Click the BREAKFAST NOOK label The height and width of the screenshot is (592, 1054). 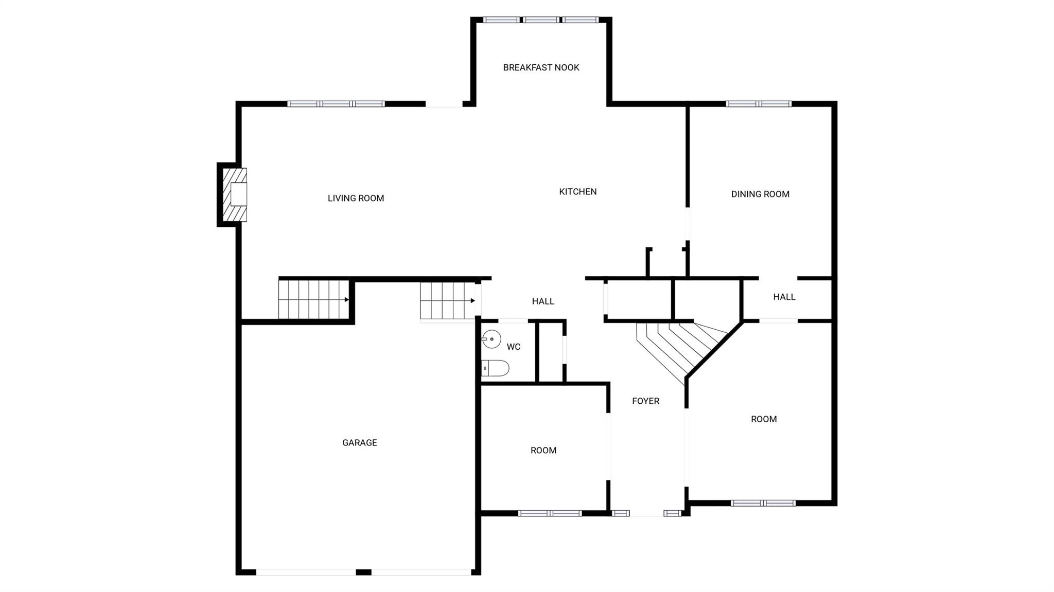541,67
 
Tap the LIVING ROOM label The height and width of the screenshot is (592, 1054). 356,198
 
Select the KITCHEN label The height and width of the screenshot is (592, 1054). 577,191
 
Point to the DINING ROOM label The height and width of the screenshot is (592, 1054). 760,194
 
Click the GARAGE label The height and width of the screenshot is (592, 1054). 359,442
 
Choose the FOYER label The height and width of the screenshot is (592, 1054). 645,401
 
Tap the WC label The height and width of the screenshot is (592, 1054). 513,347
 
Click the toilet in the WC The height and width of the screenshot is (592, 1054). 496,368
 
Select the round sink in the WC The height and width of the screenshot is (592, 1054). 491,339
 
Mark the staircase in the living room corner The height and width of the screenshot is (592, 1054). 314,299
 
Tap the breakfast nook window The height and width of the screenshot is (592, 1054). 541,20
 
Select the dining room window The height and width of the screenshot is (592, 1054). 758,103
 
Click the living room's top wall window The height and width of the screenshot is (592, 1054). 336,103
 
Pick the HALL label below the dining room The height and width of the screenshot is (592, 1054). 784,297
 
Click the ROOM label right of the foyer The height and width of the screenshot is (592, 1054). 763,419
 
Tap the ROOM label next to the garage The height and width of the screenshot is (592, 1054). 543,450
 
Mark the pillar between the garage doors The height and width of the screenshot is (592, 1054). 363,572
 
